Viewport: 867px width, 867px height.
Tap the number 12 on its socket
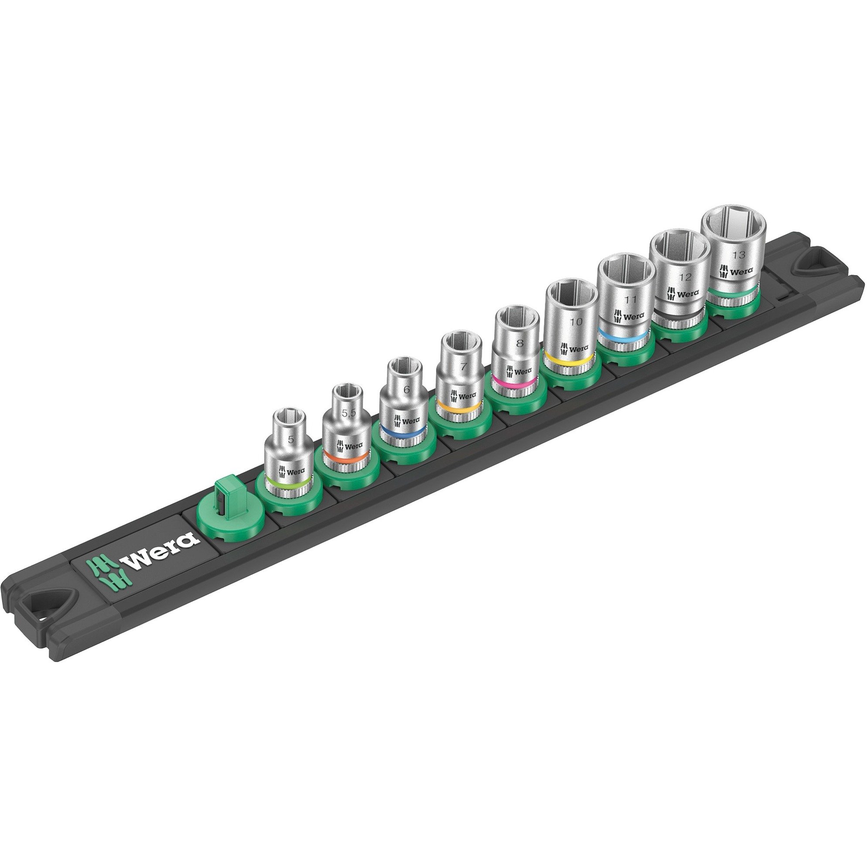pyautogui.click(x=685, y=277)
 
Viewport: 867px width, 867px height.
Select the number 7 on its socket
pyautogui.click(x=463, y=367)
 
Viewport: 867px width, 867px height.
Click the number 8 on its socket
pyautogui.click(x=520, y=344)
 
